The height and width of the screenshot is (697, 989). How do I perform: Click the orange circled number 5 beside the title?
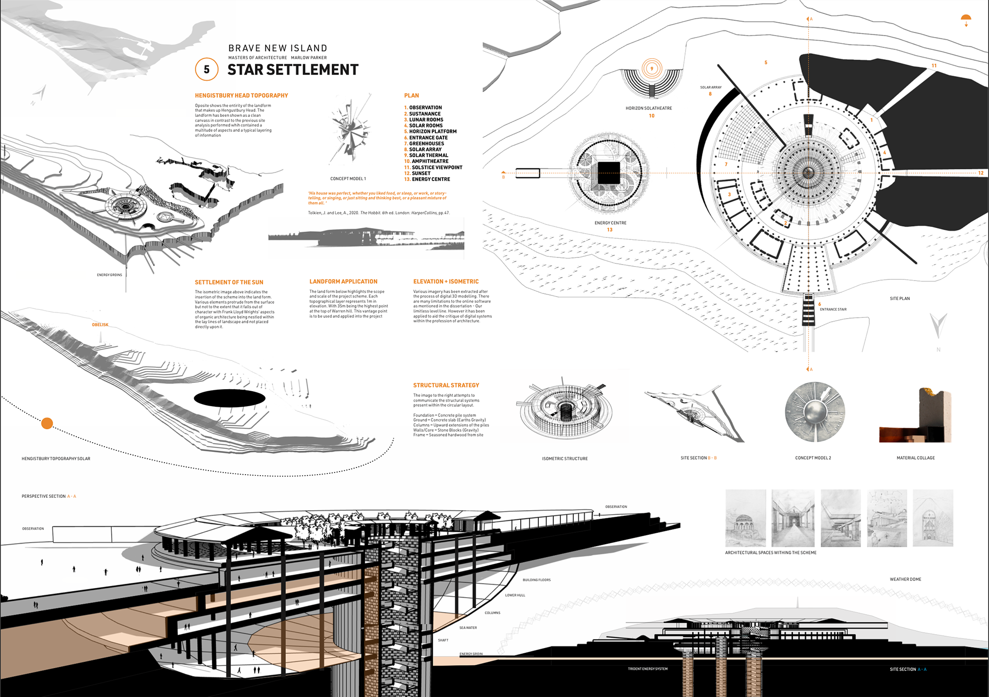[x=207, y=69]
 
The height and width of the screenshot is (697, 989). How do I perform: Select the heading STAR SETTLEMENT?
[x=293, y=70]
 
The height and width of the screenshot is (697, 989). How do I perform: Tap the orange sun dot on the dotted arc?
[x=47, y=423]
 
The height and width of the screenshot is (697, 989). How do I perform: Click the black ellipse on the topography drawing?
[x=230, y=398]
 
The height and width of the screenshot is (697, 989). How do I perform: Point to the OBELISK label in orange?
[x=100, y=325]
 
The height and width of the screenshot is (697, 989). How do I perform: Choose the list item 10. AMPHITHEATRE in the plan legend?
[x=427, y=161]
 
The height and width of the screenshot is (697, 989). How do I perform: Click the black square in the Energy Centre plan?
[x=608, y=173]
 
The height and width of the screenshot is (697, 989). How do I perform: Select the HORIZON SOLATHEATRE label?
[x=649, y=108]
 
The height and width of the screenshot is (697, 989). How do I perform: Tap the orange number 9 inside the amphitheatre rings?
[x=652, y=68]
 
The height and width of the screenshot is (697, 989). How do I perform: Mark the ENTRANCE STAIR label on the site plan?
[x=833, y=309]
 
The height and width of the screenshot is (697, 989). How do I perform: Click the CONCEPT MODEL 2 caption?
[x=813, y=458]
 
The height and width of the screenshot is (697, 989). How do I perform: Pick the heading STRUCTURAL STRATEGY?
[x=446, y=385]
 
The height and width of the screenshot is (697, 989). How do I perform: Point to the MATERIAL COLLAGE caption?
[x=915, y=458]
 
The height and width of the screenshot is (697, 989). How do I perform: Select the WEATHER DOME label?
[x=905, y=579]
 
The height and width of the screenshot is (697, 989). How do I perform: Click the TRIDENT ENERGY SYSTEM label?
[x=647, y=669]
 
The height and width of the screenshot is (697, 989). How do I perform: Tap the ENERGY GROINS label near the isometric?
[x=109, y=275]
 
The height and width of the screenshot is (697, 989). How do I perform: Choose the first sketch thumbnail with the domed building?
[x=745, y=518]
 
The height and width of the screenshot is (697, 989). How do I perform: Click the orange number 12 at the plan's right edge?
[x=981, y=173]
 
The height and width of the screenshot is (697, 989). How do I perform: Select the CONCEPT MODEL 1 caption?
[x=348, y=179]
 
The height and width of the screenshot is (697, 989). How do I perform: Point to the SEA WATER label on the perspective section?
[x=468, y=628]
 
